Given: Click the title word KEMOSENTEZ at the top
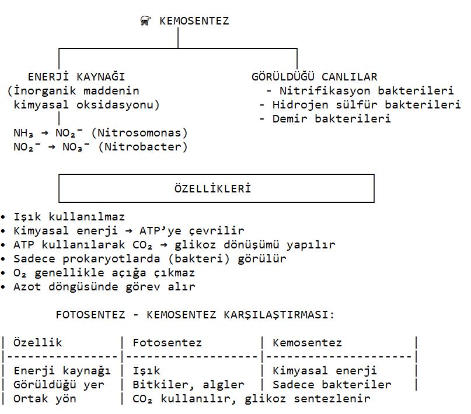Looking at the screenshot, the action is pyautogui.click(x=194, y=21).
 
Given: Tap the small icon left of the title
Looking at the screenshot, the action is pyautogui.click(x=146, y=21).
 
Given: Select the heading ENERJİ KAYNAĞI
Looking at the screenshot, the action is pyautogui.click(x=76, y=77).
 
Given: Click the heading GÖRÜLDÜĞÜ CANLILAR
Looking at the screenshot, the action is pyautogui.click(x=314, y=77).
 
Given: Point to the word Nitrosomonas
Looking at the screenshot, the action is pyautogui.click(x=139, y=133).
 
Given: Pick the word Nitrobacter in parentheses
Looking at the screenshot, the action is pyautogui.click(x=142, y=147).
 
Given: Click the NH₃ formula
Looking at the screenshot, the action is pyautogui.click(x=23, y=133).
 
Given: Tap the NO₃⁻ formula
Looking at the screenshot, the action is pyautogui.click(x=76, y=147).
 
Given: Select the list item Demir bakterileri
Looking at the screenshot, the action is pyautogui.click(x=332, y=119).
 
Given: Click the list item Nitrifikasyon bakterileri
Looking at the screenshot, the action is pyautogui.click(x=367, y=90).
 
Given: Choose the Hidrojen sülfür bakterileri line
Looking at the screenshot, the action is pyautogui.click(x=367, y=105).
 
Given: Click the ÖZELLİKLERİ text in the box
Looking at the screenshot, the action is pyautogui.click(x=212, y=189).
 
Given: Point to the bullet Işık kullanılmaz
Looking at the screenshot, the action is pyautogui.click(x=69, y=217).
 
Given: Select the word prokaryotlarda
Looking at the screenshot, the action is pyautogui.click(x=111, y=259).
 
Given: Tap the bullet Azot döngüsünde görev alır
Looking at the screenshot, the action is pyautogui.click(x=104, y=287).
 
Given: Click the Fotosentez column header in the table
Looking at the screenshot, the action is pyautogui.click(x=167, y=343).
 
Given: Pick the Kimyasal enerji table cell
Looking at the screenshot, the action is pyautogui.click(x=325, y=371).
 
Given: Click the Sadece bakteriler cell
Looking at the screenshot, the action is pyautogui.click(x=332, y=385).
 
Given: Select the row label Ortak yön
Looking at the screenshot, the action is pyautogui.click(x=45, y=399).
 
